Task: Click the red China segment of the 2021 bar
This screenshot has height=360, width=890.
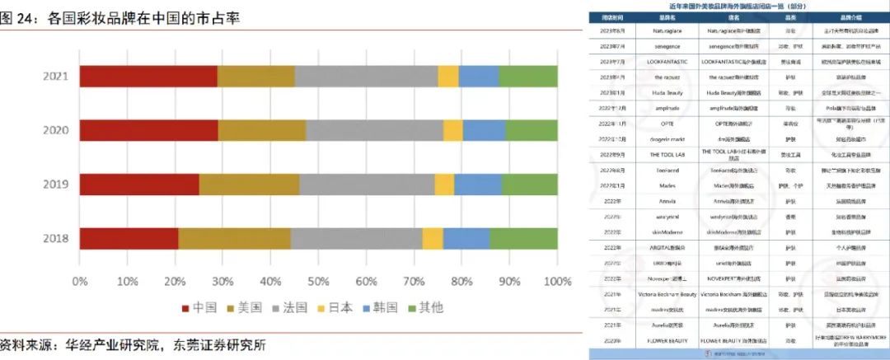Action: [148, 76]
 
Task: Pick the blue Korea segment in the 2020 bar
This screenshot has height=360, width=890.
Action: [484, 130]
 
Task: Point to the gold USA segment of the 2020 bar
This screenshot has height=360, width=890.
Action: [262, 130]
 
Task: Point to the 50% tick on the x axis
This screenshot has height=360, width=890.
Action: [319, 282]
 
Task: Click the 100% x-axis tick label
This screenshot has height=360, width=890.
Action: [557, 282]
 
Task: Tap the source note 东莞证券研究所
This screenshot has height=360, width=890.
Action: [220, 344]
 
